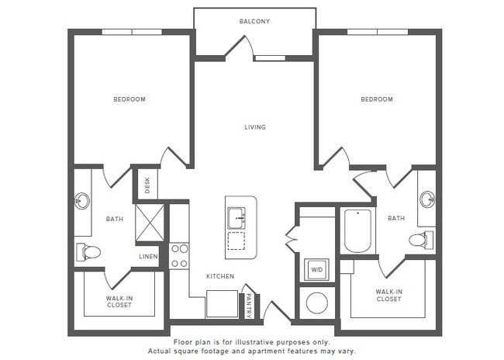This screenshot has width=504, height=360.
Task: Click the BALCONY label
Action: tap(254, 21)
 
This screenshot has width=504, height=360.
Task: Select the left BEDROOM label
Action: tap(129, 99)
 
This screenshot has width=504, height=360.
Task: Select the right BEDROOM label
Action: tap(377, 99)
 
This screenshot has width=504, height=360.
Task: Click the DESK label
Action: tap(146, 185)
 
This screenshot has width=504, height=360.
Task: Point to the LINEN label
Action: tap(148, 256)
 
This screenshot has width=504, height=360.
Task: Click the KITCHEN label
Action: tap(219, 276)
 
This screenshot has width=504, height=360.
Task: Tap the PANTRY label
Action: tap(248, 303)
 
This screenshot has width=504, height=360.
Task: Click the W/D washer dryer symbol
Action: tap(316, 270)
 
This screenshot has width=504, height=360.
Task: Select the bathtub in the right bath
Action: tap(357, 230)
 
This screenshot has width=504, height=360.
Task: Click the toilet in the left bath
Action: tap(89, 251)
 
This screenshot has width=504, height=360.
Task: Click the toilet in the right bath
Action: tap(419, 239)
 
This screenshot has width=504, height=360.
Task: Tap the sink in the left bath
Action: tap(81, 202)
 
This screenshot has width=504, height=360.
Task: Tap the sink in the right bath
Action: tap(427, 199)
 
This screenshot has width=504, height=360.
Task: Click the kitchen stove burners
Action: tap(179, 256)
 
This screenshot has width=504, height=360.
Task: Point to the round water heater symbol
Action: tap(316, 303)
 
